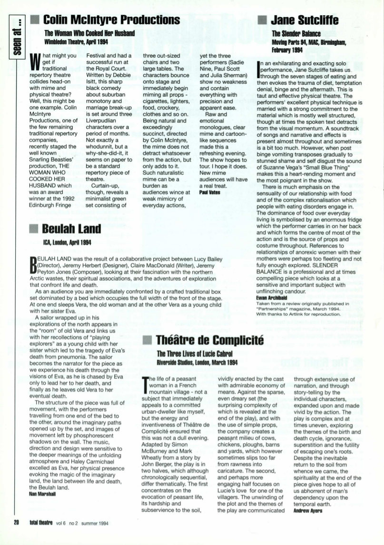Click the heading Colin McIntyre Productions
tap(112, 20)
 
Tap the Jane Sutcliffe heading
tap(305, 20)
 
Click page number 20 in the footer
tap(16, 522)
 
